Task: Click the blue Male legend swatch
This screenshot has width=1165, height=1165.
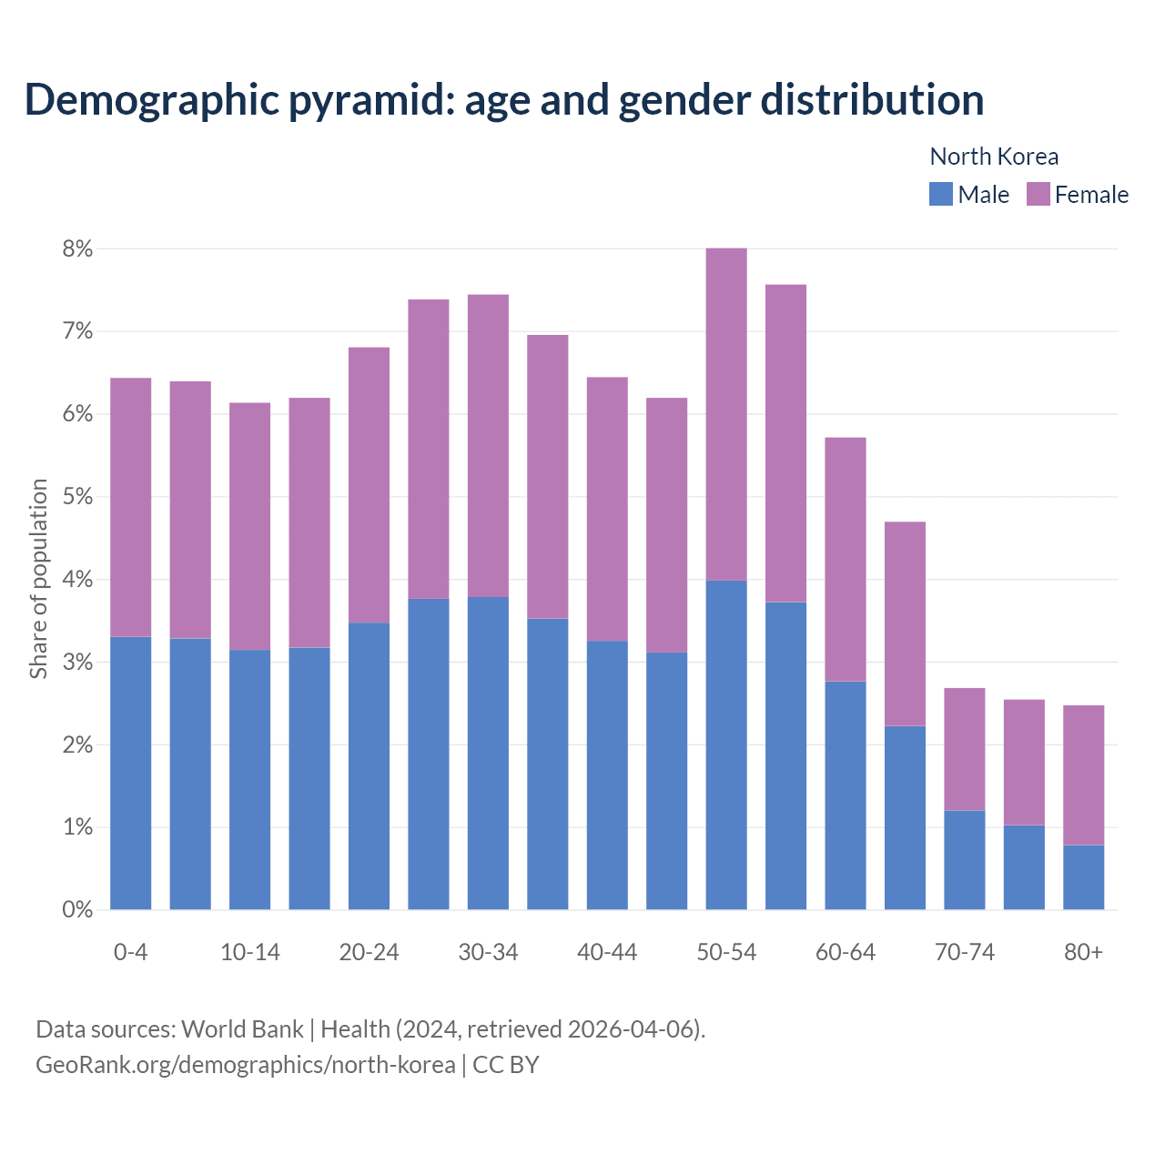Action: [940, 194]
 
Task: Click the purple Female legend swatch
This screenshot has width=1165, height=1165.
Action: [1038, 194]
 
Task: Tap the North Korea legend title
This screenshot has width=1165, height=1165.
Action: [994, 157]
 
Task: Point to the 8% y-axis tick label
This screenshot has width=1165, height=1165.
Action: [77, 248]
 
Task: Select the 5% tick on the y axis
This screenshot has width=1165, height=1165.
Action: [77, 497]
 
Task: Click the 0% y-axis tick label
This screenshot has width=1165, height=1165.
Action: [77, 909]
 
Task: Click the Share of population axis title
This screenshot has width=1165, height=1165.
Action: [38, 579]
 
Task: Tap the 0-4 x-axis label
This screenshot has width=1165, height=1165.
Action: [130, 952]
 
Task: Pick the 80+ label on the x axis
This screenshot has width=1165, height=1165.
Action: [1083, 952]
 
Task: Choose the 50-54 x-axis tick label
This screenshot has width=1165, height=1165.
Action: [726, 952]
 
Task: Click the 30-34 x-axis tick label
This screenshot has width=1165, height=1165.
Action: [488, 952]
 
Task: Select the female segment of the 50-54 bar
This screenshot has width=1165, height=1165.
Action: [726, 414]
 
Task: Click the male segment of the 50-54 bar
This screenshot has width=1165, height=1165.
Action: [726, 745]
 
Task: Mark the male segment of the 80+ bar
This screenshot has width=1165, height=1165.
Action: [1083, 877]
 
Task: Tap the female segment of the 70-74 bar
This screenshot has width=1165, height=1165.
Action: [964, 749]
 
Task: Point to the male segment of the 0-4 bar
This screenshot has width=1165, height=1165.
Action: [130, 774]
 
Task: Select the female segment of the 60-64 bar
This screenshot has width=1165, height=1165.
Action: [845, 560]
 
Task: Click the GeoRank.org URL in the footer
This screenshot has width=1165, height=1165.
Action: [246, 1064]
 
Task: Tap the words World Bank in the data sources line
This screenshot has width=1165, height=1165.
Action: [242, 1029]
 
